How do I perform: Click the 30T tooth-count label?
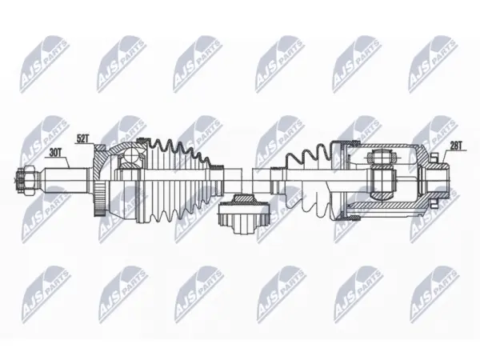click(x=55, y=153)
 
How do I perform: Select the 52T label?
click(x=82, y=139)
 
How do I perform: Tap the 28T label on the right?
click(x=456, y=146)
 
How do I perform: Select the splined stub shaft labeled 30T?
click(x=66, y=181)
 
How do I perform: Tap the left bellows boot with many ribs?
click(x=178, y=181)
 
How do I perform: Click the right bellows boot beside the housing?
click(x=309, y=181)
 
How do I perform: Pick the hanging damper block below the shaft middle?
click(x=244, y=214)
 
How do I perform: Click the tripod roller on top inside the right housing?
click(x=381, y=158)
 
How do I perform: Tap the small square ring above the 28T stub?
click(x=433, y=158)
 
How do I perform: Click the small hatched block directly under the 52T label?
click(x=100, y=148)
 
